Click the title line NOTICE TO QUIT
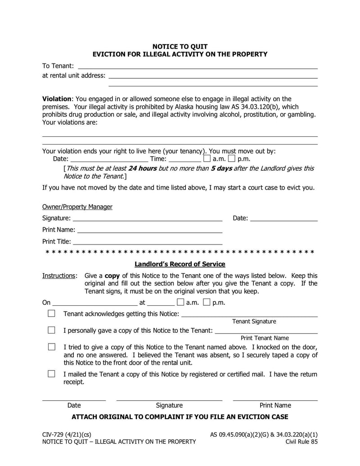click(x=180, y=46)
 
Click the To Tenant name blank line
click(x=198, y=66)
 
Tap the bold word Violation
click(x=57, y=99)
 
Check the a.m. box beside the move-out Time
click(x=207, y=158)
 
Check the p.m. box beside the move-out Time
click(x=231, y=158)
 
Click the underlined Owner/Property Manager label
click(x=77, y=207)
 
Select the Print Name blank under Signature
click(x=150, y=230)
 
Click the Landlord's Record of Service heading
click(x=180, y=264)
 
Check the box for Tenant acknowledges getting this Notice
click(x=52, y=313)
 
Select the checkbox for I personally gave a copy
click(x=52, y=330)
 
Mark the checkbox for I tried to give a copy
click(x=52, y=347)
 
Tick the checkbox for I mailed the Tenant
click(x=52, y=374)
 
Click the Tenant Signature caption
click(x=254, y=321)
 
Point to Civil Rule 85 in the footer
click(x=301, y=442)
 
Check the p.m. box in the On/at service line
click(x=207, y=302)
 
